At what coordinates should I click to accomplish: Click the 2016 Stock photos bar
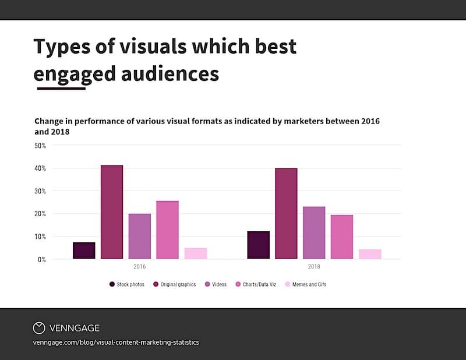(x=84, y=250)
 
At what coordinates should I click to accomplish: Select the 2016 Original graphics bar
(x=112, y=212)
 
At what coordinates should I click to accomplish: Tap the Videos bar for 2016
(x=140, y=236)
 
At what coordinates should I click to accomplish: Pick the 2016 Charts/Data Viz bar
(x=168, y=230)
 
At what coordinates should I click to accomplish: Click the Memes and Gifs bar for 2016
(x=196, y=253)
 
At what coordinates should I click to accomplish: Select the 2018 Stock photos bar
(x=258, y=245)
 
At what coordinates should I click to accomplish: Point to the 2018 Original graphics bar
(x=286, y=214)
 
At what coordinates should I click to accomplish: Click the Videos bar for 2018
(x=314, y=232)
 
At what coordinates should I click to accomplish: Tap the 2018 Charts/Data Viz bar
(x=342, y=237)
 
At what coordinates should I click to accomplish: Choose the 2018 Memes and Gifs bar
(x=370, y=254)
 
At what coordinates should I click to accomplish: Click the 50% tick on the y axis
(x=40, y=146)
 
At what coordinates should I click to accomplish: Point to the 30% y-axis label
(x=40, y=191)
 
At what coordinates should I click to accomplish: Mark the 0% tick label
(x=42, y=259)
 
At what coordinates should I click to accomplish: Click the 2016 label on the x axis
(x=140, y=267)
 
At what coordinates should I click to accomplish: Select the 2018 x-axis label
(x=314, y=267)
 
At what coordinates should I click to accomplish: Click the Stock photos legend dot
(x=112, y=284)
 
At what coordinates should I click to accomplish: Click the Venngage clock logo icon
(x=39, y=328)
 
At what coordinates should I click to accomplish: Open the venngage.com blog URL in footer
(x=116, y=343)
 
